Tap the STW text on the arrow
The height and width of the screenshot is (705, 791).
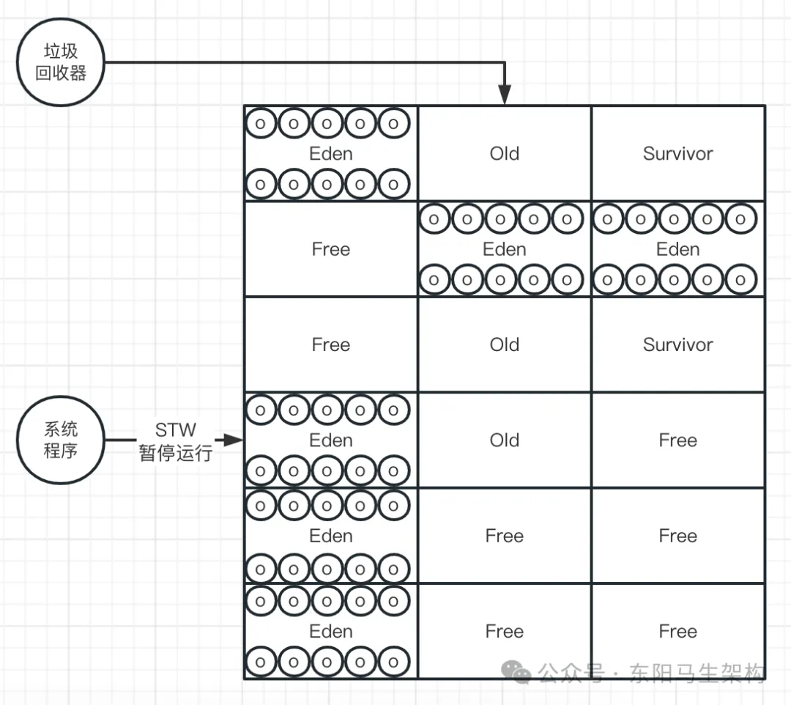tap(176, 430)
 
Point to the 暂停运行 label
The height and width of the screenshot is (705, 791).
tap(176, 453)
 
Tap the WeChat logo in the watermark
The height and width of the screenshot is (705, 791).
tap(516, 672)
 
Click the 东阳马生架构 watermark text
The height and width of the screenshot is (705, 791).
tap(697, 672)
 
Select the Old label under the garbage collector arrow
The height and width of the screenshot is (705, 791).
tap(505, 153)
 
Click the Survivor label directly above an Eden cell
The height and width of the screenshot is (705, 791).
tap(678, 153)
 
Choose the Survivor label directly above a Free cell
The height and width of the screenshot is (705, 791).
tap(678, 344)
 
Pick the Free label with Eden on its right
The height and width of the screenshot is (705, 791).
tap(331, 249)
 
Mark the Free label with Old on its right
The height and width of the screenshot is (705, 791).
tap(331, 344)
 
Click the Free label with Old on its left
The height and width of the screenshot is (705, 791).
tap(678, 440)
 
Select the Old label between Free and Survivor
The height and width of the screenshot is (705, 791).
tap(505, 344)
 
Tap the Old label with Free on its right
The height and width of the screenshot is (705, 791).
tap(505, 440)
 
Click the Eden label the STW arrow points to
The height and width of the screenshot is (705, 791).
tap(331, 440)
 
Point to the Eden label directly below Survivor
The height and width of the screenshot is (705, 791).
tap(678, 249)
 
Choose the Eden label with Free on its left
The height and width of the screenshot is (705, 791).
tap(505, 249)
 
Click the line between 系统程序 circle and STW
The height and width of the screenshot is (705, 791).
tap(121, 440)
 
